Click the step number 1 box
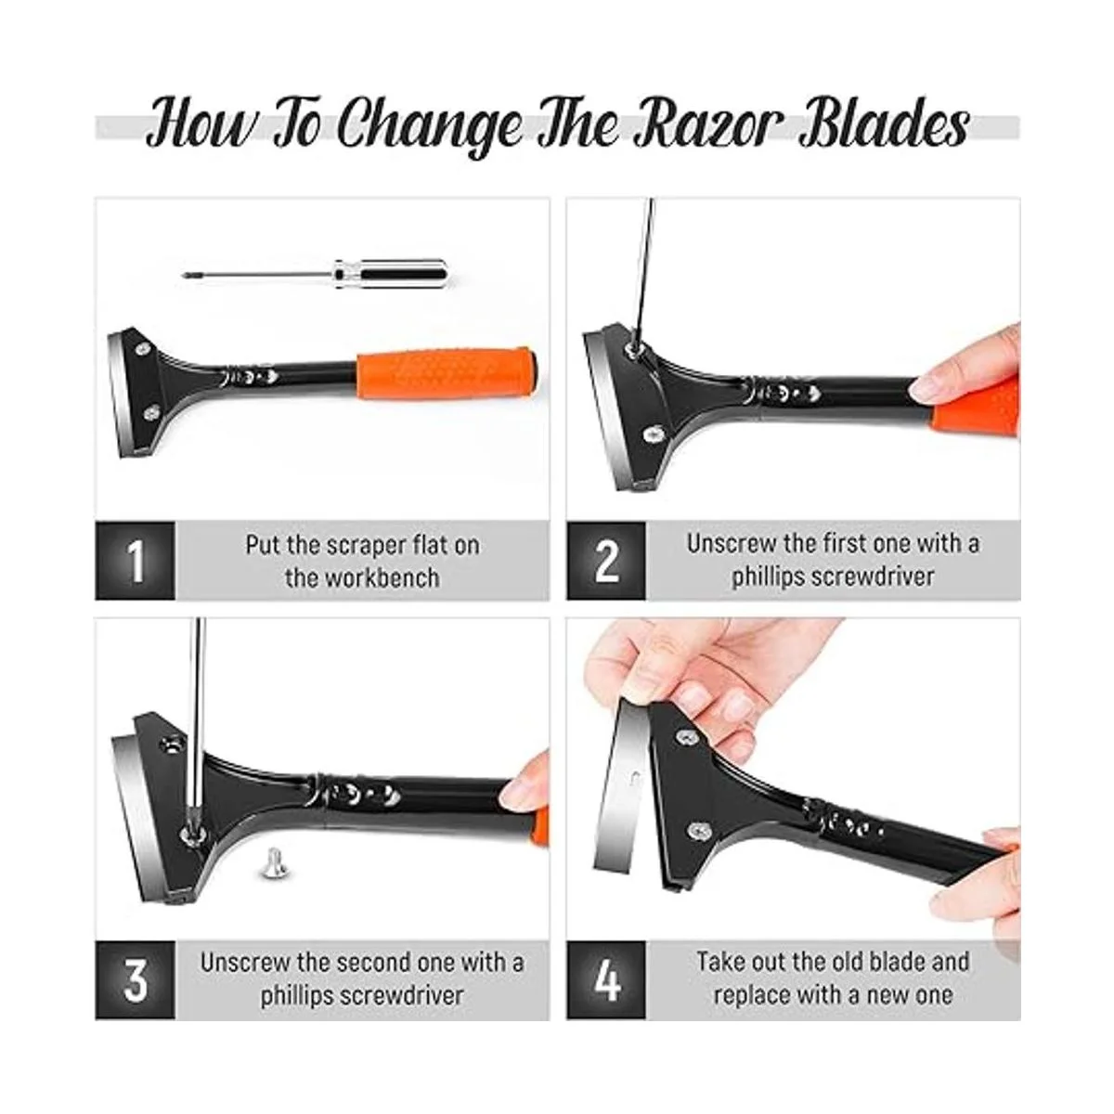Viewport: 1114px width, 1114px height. [135, 560]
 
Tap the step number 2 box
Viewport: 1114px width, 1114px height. [606, 560]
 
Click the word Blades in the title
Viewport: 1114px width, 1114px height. [884, 123]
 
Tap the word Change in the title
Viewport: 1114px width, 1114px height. [429, 128]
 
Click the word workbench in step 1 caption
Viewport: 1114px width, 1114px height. [362, 577]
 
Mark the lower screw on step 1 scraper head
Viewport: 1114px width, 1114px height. [151, 412]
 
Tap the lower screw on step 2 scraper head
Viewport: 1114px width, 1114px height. [655, 433]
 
